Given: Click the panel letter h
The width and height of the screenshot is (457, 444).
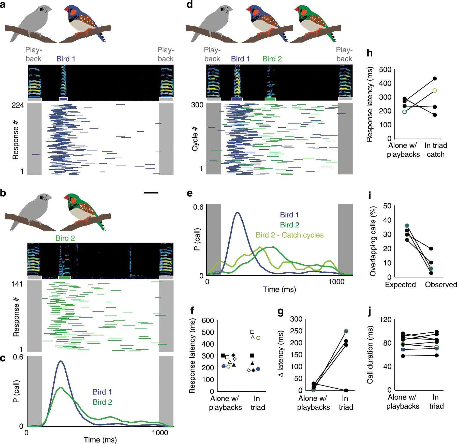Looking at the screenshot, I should (370, 53).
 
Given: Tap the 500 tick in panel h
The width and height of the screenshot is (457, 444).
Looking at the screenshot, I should (385, 70).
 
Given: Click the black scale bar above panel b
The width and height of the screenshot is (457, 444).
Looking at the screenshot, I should (151, 193).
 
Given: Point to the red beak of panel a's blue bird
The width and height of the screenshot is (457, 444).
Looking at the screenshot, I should (66, 10).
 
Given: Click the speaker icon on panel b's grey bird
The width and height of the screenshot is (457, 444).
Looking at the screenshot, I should (43, 197).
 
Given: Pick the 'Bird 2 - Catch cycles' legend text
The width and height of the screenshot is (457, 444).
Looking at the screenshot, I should (289, 235).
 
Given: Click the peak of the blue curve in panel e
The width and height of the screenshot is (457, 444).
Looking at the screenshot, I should (238, 212).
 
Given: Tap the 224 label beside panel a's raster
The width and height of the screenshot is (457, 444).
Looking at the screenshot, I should (18, 105).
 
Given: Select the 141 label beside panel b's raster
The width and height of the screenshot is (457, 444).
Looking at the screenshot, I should (17, 284).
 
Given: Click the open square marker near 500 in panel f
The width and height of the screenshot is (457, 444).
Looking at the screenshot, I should (252, 332).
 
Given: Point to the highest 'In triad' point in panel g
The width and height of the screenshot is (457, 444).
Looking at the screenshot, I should (346, 331).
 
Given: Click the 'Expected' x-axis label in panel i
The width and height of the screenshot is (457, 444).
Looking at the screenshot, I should (400, 285).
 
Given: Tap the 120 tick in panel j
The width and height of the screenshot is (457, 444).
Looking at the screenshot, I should (385, 320).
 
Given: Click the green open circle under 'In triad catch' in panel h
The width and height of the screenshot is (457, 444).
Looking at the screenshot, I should (435, 91).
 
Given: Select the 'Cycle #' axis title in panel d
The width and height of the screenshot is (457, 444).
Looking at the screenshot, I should (195, 139).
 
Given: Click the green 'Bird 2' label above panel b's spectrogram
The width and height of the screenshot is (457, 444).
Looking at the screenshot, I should (65, 238).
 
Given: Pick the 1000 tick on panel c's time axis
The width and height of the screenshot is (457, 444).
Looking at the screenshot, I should (160, 433).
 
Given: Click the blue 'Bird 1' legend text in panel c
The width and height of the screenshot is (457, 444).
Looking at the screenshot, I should (102, 392).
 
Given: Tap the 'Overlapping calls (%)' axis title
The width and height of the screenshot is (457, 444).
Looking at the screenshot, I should (373, 241).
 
